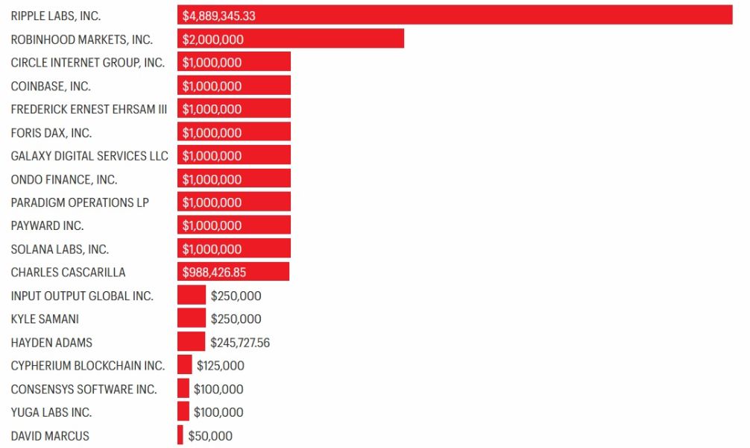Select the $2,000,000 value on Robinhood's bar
[213, 40]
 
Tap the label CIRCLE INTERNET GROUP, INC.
[88, 63]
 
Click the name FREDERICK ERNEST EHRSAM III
[89, 109]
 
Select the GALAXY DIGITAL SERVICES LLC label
[89, 156]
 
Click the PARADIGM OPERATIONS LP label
[80, 202]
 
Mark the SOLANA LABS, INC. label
[60, 249]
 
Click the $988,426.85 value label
[214, 273]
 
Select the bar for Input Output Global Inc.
[191, 296]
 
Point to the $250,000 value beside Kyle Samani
[236, 319]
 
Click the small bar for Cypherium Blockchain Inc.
[184, 365]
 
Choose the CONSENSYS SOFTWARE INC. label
[83, 389]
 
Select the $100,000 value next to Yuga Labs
[218, 412]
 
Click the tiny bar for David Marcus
[180, 435]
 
